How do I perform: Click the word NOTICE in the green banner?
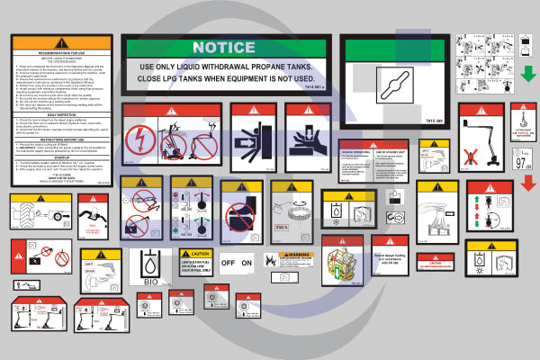[223, 47]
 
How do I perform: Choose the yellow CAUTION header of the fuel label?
[194, 254]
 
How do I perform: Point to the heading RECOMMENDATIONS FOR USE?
[61, 54]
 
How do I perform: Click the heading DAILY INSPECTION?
[61, 112]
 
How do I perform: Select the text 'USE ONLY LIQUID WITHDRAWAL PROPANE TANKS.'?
[224, 67]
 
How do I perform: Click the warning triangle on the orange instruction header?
[61, 42]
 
